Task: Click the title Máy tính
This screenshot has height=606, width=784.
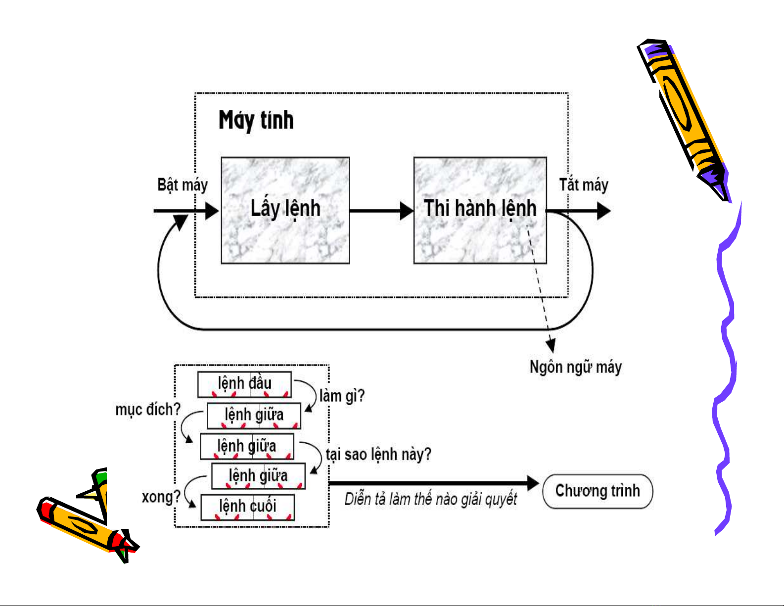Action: [256, 120]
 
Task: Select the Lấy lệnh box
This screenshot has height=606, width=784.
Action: [285, 210]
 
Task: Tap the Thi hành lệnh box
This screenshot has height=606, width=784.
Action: [480, 210]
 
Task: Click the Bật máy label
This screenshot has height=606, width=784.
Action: [182, 185]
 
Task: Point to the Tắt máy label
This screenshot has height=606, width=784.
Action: [584, 185]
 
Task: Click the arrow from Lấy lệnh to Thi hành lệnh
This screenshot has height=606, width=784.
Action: [381, 211]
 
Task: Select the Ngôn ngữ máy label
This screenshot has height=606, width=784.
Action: [575, 367]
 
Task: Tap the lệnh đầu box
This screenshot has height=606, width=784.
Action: [244, 384]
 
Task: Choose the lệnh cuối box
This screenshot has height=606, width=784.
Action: [247, 507]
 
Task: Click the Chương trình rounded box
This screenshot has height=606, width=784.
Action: [598, 491]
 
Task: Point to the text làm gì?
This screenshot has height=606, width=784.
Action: [342, 396]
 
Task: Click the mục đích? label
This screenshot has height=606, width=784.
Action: [148, 410]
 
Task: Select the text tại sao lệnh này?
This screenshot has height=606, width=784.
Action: [378, 454]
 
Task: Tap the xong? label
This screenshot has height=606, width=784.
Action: [161, 497]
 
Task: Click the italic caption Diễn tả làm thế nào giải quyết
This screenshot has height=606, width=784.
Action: [430, 499]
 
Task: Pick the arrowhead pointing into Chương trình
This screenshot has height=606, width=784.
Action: [533, 483]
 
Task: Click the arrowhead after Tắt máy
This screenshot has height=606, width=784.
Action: [604, 211]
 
